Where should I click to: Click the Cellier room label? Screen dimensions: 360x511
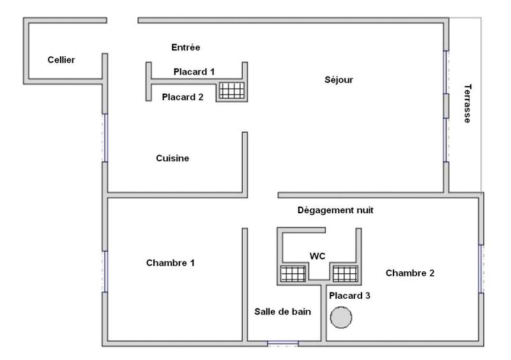pyautogui.click(x=61, y=60)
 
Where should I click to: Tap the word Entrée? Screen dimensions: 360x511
pyautogui.click(x=186, y=47)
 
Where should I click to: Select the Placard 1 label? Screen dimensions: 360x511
pyautogui.click(x=194, y=72)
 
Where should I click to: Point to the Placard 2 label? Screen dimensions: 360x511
pyautogui.click(x=183, y=98)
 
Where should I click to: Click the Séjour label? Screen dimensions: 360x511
pyautogui.click(x=339, y=80)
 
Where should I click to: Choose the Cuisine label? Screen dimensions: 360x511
pyautogui.click(x=172, y=158)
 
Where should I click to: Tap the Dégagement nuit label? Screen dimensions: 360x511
pyautogui.click(x=335, y=210)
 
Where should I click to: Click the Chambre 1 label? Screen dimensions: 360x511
pyautogui.click(x=171, y=262)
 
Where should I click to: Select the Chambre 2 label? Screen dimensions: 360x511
pyautogui.click(x=410, y=273)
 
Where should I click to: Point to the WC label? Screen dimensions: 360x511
pyautogui.click(x=317, y=256)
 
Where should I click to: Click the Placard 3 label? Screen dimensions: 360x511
pyautogui.click(x=349, y=296)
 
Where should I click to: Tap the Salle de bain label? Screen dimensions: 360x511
pyautogui.click(x=282, y=311)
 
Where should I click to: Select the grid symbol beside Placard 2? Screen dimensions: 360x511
pyautogui.click(x=231, y=91)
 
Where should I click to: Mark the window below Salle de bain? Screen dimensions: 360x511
pyautogui.click(x=283, y=344)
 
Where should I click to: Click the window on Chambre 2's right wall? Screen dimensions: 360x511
pyautogui.click(x=481, y=268)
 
